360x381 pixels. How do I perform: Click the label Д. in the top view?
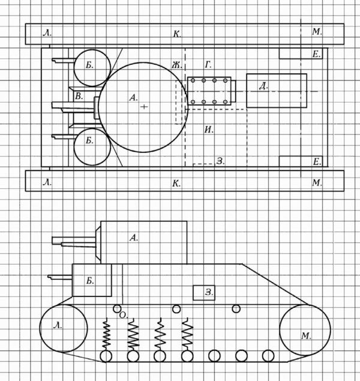263,86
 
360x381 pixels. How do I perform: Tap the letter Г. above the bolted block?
208,65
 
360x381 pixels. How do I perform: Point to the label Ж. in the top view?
177,65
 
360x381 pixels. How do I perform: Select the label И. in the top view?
209,130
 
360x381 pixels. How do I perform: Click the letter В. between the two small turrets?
79,96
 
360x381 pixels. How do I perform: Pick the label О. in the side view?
124,316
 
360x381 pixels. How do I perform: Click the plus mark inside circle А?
144,106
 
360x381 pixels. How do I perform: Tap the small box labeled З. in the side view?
204,293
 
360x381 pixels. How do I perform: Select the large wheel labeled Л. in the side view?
64,328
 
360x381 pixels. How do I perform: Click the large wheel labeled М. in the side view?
305,330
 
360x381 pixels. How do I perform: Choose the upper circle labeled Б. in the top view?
92,68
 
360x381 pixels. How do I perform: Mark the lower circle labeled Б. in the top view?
92,146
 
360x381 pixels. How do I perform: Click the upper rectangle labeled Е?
301,53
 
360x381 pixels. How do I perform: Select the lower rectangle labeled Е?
301,161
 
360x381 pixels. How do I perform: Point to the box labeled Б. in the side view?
92,280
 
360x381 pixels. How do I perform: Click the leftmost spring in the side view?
106,335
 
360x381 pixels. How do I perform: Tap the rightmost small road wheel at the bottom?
268,356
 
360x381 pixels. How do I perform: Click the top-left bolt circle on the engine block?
193,80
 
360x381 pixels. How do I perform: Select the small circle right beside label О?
117,309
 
